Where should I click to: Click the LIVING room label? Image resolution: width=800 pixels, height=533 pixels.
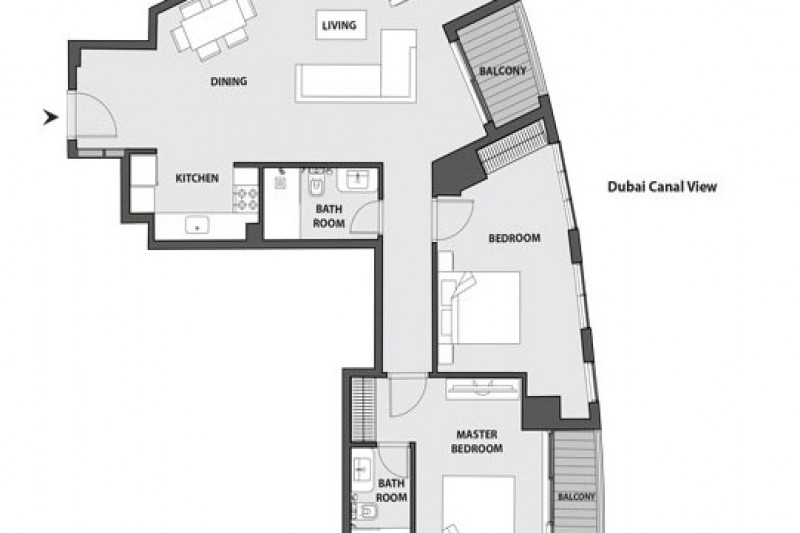(x=339, y=25)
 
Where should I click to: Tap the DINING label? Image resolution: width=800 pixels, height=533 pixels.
(x=229, y=81)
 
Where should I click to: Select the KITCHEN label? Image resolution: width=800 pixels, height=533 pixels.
(x=197, y=178)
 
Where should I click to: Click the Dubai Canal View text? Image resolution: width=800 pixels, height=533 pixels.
(x=662, y=187)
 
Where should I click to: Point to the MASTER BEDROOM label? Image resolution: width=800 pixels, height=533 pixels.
(x=477, y=442)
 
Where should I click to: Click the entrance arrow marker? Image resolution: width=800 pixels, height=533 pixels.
(x=50, y=117)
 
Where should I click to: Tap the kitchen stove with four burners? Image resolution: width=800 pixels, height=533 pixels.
(x=246, y=199)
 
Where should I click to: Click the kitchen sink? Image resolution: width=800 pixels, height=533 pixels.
(x=197, y=225)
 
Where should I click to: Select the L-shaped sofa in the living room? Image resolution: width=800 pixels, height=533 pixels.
(x=356, y=66)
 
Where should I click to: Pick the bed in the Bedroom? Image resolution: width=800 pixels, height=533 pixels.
(x=480, y=307)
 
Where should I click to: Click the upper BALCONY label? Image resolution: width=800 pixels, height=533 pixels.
(x=503, y=71)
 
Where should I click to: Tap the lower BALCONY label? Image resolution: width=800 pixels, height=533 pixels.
(x=577, y=497)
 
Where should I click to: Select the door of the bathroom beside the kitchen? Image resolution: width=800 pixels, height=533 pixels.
(x=366, y=218)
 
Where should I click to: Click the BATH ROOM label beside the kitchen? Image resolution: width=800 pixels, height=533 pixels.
(x=329, y=216)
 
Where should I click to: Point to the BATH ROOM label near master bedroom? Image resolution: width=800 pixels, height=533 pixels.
(x=391, y=490)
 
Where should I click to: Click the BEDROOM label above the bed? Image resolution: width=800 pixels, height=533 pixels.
(x=514, y=238)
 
